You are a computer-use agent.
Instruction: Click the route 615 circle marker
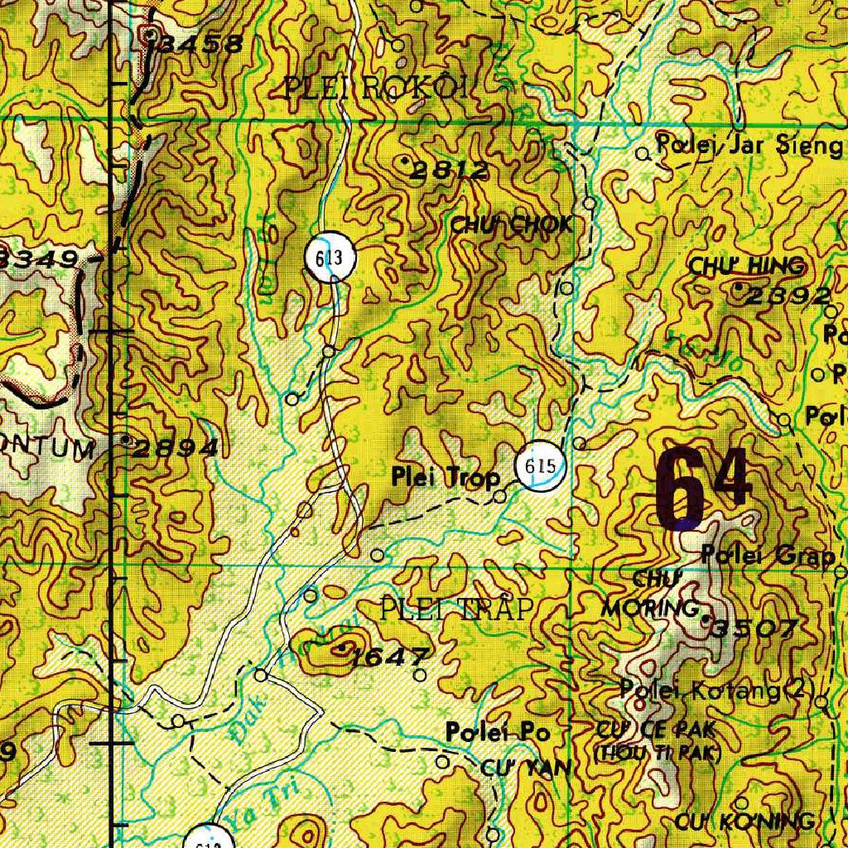pyautogui.click(x=540, y=467)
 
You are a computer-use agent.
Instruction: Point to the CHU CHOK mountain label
pyautogui.click(x=511, y=224)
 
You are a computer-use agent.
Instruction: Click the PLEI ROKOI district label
pyautogui.click(x=376, y=86)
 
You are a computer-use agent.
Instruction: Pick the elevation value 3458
pyautogui.click(x=201, y=45)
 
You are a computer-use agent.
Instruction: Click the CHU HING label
pyautogui.click(x=747, y=266)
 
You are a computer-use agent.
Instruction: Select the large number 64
pyautogui.click(x=704, y=489)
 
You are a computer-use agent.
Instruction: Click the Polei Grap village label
pyautogui.click(x=768, y=556)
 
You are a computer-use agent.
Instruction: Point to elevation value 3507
pyautogui.click(x=754, y=629)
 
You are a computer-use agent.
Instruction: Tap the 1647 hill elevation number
pyautogui.click(x=389, y=658)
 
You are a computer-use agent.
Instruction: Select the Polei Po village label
pyautogui.click(x=498, y=732)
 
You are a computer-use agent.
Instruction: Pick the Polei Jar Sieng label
pyautogui.click(x=749, y=146)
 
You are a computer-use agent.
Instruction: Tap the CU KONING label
pyautogui.click(x=744, y=821)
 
